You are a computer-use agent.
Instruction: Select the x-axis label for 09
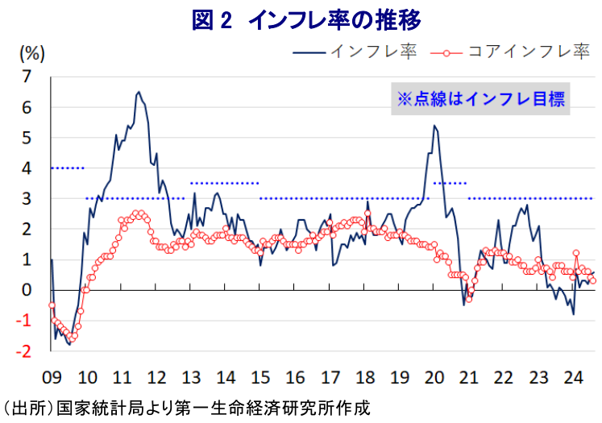(52, 376)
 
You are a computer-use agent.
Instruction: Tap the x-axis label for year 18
(364, 376)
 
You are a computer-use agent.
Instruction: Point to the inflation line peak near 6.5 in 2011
(138, 92)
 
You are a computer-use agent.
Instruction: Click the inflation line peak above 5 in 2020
(434, 125)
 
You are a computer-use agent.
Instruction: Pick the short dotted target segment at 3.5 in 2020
(450, 183)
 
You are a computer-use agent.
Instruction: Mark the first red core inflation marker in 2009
(52, 305)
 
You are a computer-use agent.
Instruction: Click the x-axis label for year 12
(156, 376)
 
